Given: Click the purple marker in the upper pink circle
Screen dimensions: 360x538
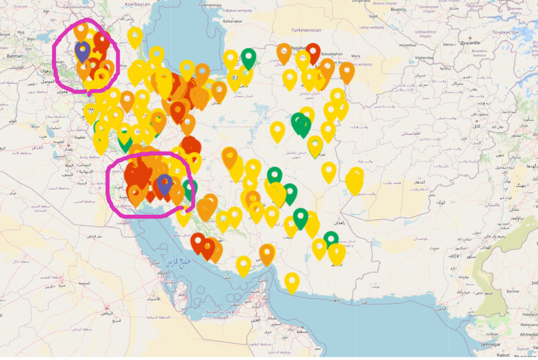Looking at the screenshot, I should click(82, 50).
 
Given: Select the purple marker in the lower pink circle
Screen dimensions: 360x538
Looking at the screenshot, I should click(165, 183).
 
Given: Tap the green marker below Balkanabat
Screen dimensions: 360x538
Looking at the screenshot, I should click(249, 57).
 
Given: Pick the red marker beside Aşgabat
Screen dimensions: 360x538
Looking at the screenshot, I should click(313, 52).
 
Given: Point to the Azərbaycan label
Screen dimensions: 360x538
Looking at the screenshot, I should click(137, 4).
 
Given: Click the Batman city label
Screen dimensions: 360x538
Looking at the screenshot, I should click(14, 56).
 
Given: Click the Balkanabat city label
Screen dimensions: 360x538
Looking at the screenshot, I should click(232, 21).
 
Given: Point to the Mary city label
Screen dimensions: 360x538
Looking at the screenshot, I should click(355, 56).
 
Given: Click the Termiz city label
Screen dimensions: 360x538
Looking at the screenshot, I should click(429, 68).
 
